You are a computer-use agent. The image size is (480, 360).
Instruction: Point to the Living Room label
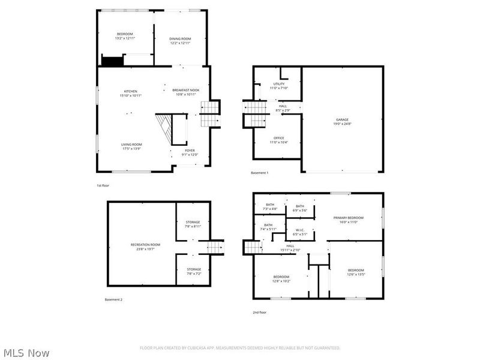point(131,146)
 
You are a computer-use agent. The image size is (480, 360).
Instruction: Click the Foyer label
point(190,152)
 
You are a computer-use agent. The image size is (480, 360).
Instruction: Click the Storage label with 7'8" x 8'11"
point(193,224)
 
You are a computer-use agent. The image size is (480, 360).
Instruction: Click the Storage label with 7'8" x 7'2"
point(193,271)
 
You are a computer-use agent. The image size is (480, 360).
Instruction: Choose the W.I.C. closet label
point(299,232)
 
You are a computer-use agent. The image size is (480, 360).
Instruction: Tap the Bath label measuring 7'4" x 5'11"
point(268,227)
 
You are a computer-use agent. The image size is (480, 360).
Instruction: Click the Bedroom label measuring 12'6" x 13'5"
point(356,272)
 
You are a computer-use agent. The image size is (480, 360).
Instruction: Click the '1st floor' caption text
point(103,185)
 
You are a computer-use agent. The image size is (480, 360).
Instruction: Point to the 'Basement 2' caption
point(113,299)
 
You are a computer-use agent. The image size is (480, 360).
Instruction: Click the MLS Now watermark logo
point(26,353)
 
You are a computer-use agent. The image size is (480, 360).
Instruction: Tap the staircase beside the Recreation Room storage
point(215,247)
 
